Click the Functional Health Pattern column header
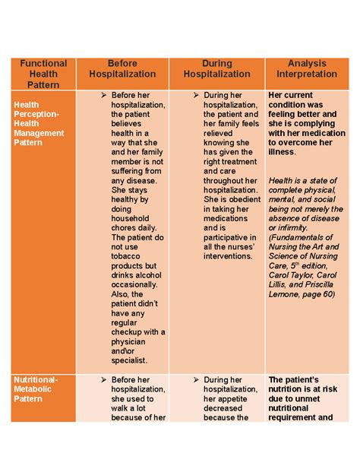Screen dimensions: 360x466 click(43, 74)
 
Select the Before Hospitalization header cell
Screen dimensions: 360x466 click(122, 69)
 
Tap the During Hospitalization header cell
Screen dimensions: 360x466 click(216, 69)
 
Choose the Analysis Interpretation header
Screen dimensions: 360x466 click(307, 69)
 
